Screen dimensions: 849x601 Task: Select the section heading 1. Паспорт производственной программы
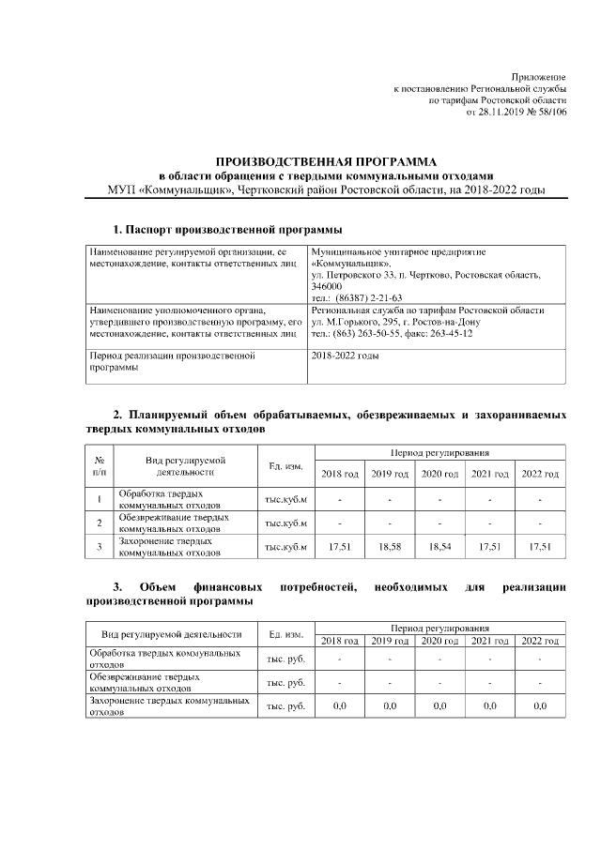227,229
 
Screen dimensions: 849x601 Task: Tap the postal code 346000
326,286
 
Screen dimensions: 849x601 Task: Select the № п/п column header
99,465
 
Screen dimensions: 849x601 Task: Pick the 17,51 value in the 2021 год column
489,545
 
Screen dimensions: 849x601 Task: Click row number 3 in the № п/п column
99,545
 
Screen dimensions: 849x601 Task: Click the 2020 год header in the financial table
439,641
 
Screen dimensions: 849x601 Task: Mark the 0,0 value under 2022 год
540,705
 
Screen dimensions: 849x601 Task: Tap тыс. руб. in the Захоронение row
285,705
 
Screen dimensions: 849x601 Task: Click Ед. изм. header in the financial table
285,634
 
